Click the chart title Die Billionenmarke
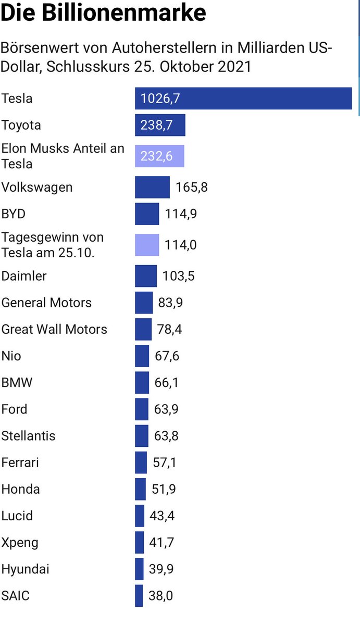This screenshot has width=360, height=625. click(103, 13)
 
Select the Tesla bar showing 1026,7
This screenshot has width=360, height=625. click(243, 98)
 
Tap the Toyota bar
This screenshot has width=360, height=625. click(160, 126)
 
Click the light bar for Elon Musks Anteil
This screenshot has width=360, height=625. click(159, 156)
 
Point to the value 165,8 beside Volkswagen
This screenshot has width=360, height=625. click(191, 187)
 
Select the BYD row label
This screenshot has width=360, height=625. click(14, 214)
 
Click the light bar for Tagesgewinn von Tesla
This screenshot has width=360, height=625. click(147, 245)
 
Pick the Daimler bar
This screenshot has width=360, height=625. click(145, 276)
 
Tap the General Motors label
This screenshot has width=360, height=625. click(46, 303)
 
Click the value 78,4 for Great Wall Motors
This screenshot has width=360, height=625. click(169, 330)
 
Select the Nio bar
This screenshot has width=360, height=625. click(142, 356)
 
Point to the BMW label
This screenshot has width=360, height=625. click(17, 383)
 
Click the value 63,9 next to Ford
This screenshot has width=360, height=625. click(166, 409)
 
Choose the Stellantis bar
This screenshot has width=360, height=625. click(141, 436)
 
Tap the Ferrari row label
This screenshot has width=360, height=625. click(20, 463)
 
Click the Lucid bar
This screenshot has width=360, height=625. click(140, 516)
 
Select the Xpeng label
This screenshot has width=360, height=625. click(20, 543)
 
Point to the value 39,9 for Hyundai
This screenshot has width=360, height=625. click(162, 569)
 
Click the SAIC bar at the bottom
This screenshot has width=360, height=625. click(139, 596)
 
